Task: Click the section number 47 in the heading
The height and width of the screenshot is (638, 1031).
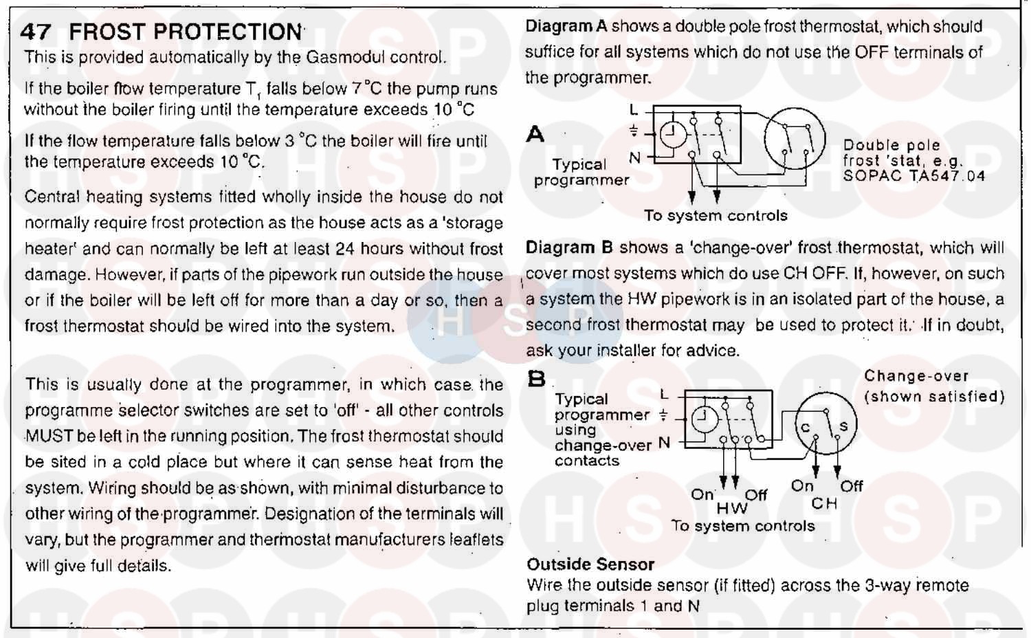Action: point(35,32)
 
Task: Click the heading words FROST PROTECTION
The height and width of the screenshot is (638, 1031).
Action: point(186,32)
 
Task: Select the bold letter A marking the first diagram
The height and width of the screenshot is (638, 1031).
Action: point(535,134)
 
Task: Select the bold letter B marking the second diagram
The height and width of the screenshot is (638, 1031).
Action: point(536,379)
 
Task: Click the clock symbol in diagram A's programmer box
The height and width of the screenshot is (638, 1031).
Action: point(673,135)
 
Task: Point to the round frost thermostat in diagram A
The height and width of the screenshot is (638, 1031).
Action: point(794,138)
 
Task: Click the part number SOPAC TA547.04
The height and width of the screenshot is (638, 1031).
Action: point(914,176)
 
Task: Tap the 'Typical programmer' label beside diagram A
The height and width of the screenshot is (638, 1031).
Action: point(581,173)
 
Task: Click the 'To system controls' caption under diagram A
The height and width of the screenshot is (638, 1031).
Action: point(716,216)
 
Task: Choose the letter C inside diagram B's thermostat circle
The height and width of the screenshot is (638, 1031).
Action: point(805,428)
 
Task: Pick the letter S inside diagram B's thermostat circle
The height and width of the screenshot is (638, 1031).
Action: point(843,426)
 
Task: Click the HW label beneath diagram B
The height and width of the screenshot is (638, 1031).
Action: point(731,509)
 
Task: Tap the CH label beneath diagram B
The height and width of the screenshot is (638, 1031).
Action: point(824,504)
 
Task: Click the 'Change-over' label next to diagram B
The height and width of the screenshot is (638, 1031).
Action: point(916,377)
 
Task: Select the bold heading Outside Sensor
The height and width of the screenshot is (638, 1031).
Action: point(590,564)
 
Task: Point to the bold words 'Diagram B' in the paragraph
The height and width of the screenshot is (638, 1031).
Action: point(569,248)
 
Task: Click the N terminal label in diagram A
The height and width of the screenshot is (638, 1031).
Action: point(634,158)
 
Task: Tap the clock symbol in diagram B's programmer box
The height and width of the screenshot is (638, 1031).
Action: point(702,417)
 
